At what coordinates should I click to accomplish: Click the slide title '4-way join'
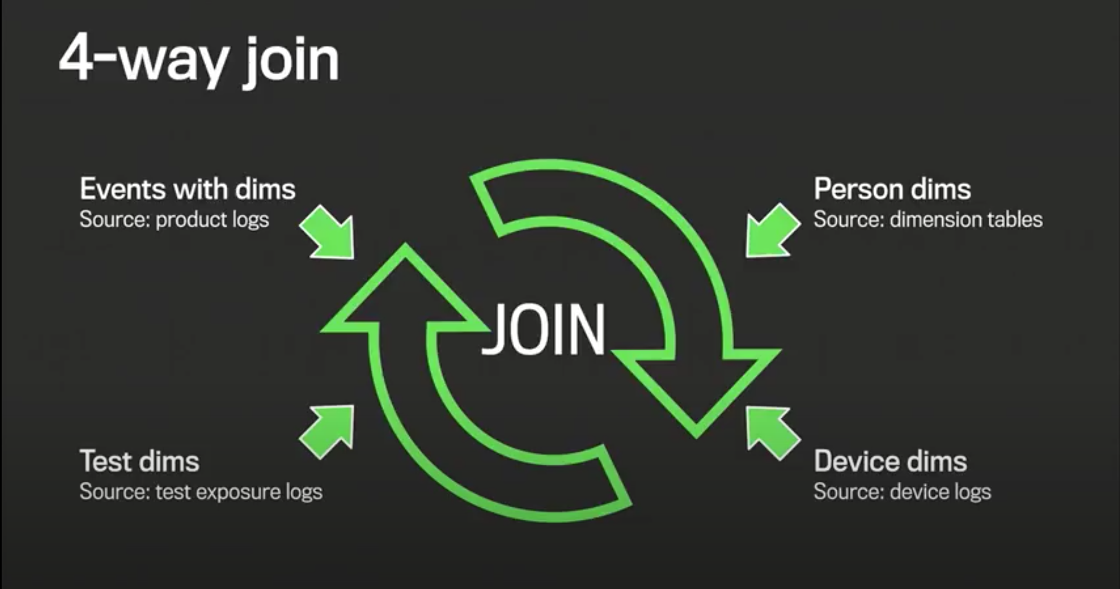199,60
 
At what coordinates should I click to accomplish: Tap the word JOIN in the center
544,329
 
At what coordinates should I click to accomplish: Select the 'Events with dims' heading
187,189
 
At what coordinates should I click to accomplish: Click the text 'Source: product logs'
174,219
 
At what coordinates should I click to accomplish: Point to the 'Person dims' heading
892,189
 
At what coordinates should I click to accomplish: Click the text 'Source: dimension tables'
928,219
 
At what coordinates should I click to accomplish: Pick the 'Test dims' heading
139,461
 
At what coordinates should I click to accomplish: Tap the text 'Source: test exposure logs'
201,492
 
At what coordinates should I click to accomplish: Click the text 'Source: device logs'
902,492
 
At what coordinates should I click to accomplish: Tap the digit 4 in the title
77,59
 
